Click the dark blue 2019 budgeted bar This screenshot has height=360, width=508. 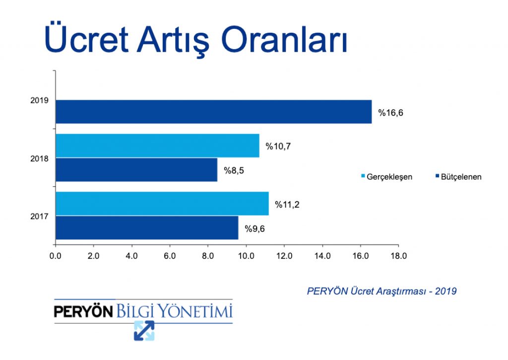coord(214,112)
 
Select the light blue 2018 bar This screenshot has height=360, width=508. coord(157,145)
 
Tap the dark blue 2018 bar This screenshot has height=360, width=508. coord(136,170)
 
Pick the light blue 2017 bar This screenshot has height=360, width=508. coord(162,204)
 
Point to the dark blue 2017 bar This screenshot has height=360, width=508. coord(147,228)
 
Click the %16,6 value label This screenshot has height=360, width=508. coord(391,113)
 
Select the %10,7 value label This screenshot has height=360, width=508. coord(278,146)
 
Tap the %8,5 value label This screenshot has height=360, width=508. coord(234,171)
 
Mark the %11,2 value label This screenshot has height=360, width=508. coord(287,205)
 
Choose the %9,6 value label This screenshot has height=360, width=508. coord(254,229)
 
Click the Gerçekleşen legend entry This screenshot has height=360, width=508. coord(387,177)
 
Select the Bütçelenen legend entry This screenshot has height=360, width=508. coord(458,177)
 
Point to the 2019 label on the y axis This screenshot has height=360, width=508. coord(39,100)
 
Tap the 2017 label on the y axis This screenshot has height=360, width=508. coord(39,216)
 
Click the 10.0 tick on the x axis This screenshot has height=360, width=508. coord(246,256)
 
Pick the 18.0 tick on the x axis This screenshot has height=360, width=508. coord(398,256)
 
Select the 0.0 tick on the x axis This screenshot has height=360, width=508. coord(56,256)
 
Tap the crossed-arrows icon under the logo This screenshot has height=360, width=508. coord(144,331)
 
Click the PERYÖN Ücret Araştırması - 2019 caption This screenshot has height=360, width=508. coord(381,291)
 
